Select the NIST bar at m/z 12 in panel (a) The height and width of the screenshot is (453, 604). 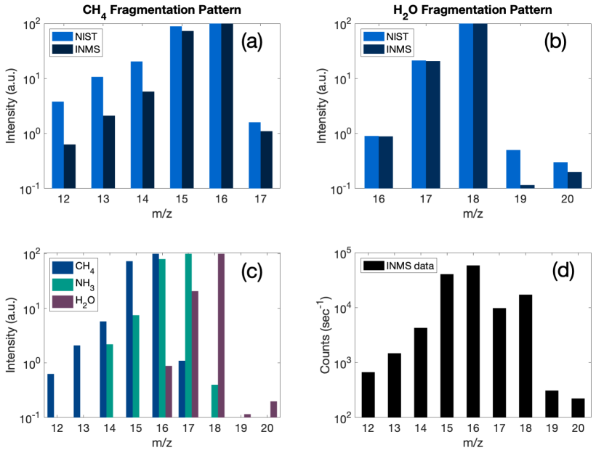(57, 144)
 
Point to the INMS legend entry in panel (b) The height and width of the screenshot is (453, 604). (387, 49)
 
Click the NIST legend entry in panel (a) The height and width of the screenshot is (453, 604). (74, 35)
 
